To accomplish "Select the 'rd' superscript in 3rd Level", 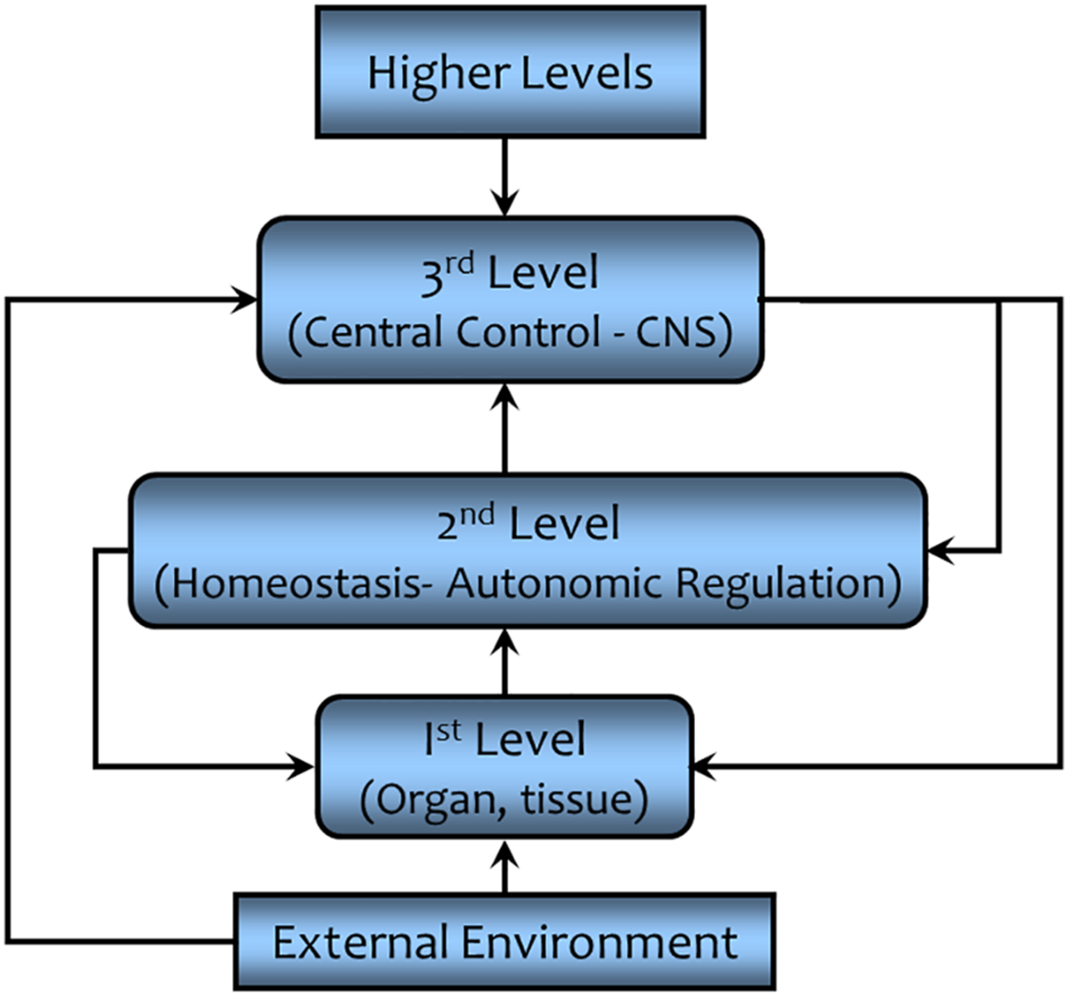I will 459,265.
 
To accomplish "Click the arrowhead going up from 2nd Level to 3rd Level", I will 505,397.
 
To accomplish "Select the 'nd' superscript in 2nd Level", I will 477,516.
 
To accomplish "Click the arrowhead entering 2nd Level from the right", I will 941,551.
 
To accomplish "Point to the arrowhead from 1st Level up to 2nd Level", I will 505,643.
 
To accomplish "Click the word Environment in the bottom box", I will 599,942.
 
